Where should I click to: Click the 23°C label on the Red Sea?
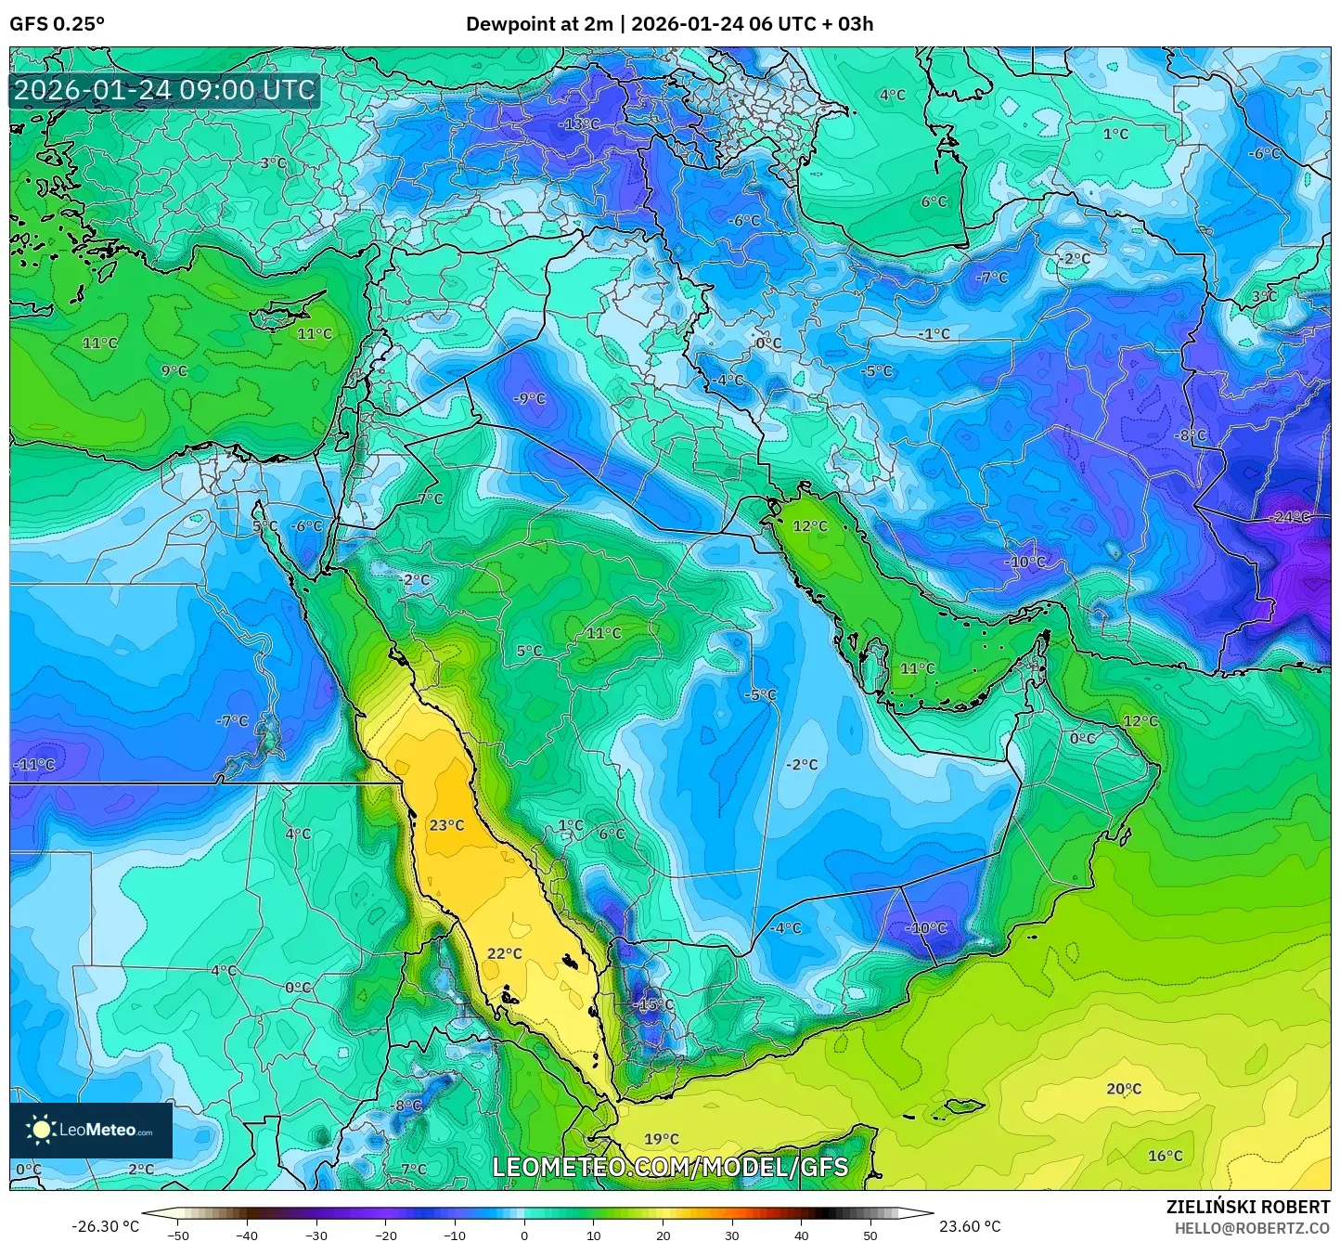coord(446,824)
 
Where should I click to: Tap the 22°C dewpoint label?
coord(504,953)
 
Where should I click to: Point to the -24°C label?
coord(1290,517)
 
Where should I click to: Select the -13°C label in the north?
coord(579,123)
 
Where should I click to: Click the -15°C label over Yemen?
coord(652,1004)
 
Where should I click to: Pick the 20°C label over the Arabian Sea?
coord(1123,1088)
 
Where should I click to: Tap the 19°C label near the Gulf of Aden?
coord(661,1138)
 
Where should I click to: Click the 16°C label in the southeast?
coord(1165,1156)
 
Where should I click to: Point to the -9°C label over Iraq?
coord(529,398)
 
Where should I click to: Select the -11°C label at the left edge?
coord(34,765)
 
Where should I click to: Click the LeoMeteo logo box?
coord(91,1130)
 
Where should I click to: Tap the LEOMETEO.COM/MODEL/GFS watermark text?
coord(669,1167)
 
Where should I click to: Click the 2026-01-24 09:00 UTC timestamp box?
coord(164,90)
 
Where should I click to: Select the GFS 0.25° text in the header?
coord(57,24)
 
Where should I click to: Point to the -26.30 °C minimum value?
coord(105,1226)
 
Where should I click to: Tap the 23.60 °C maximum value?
coord(970,1226)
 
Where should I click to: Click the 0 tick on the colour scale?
coord(524,1236)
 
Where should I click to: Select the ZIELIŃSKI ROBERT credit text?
coord(1247,1207)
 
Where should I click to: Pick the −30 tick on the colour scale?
coord(316,1236)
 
